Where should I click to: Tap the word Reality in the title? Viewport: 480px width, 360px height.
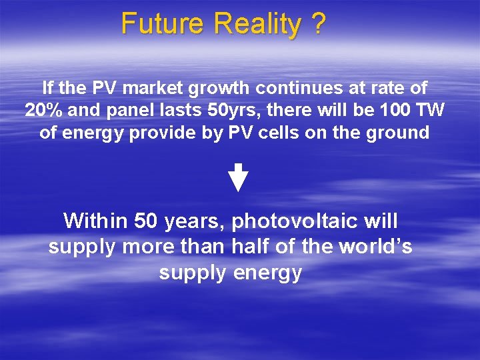pos(257,24)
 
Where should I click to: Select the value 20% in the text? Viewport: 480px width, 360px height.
pos(45,110)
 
